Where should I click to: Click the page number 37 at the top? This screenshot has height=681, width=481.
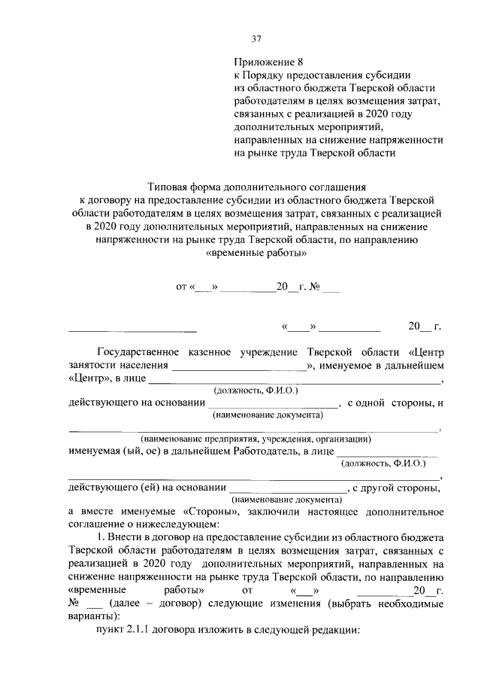coord(256,39)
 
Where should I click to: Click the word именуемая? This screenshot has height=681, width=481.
coord(95,451)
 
